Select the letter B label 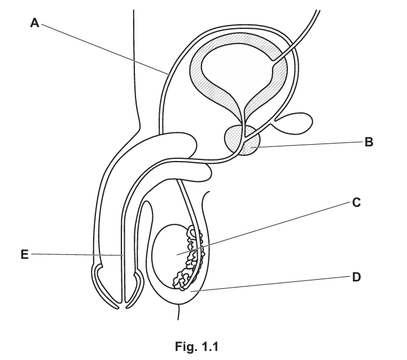point(369,142)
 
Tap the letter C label point(356,202)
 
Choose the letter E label point(24,255)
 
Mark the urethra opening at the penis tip point(122,306)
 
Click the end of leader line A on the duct point(169,73)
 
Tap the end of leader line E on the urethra point(122,255)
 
